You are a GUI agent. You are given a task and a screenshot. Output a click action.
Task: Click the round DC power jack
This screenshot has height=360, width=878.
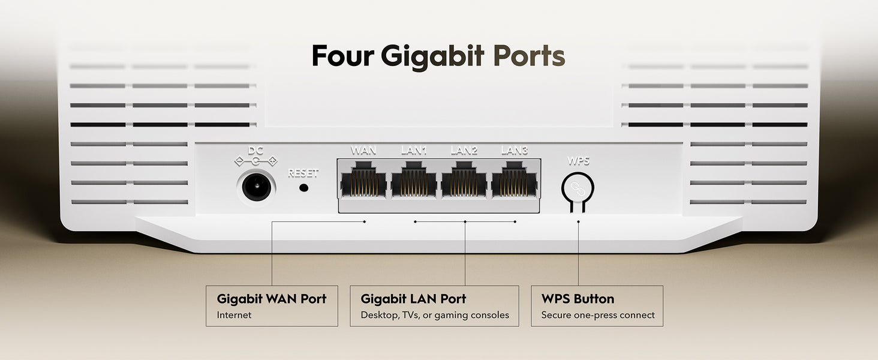click(x=256, y=187)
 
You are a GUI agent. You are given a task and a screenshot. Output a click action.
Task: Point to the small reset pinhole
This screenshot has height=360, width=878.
click(x=303, y=187)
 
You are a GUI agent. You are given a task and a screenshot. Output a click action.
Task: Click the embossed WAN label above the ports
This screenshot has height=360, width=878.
click(x=363, y=150)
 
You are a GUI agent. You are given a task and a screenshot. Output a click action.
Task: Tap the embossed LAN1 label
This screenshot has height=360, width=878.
click(x=414, y=150)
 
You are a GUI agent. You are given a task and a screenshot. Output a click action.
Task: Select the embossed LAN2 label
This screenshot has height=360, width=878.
click(x=464, y=150)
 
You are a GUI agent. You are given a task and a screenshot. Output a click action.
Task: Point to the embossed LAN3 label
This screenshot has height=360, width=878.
click(x=514, y=150)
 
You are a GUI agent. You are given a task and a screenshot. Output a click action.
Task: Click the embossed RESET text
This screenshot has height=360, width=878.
click(x=303, y=173)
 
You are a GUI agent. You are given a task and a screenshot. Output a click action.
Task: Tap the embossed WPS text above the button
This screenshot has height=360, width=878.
click(x=578, y=161)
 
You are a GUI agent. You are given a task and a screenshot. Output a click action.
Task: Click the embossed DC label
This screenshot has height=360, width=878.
click(x=255, y=150)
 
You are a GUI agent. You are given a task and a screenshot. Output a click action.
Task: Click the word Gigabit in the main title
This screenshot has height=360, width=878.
click(x=433, y=57)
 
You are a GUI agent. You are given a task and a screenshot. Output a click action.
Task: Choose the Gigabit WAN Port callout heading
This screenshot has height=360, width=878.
click(x=272, y=299)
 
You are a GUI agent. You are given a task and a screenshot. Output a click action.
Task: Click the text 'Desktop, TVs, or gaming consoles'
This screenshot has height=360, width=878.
click(x=435, y=315)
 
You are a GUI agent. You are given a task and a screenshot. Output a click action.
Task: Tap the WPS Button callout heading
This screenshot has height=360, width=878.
click(x=578, y=299)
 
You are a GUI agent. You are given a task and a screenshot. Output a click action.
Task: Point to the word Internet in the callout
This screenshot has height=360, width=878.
click(x=234, y=315)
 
